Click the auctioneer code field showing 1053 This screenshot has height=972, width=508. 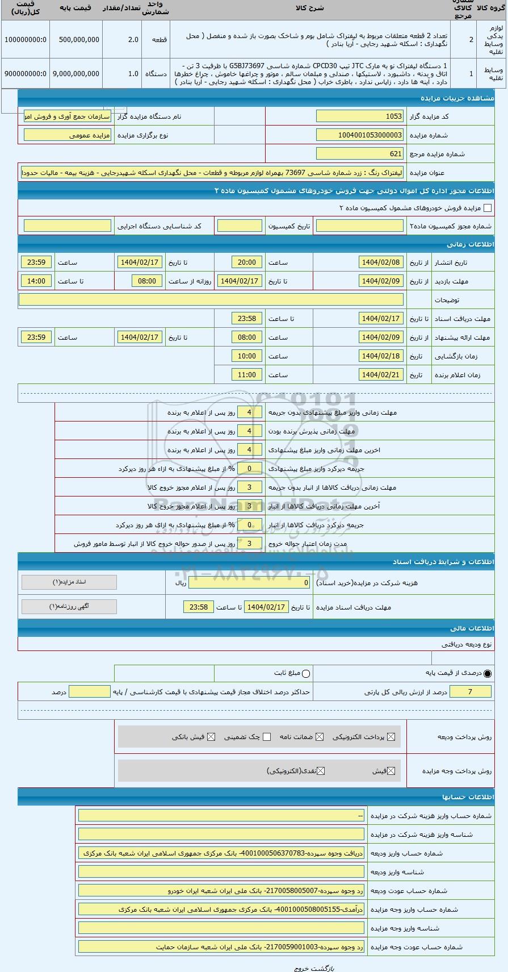[359, 116]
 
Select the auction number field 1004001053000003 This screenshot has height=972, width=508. [359, 135]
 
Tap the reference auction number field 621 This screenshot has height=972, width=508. [359, 154]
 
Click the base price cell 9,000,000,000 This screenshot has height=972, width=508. [75, 74]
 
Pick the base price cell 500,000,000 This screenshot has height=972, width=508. [75, 40]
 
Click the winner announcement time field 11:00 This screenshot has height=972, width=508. [247, 375]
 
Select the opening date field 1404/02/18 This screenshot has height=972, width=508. [381, 356]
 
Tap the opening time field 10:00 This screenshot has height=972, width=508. [247, 356]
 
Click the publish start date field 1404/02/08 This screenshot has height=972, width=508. [381, 262]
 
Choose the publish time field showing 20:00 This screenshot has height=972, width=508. [247, 262]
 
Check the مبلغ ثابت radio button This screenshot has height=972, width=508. [307, 674]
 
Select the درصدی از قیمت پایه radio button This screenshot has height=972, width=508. [488, 674]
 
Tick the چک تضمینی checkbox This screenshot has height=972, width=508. [267, 737]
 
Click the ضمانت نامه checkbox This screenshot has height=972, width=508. [320, 737]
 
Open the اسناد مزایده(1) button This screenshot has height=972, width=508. [69, 582]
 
